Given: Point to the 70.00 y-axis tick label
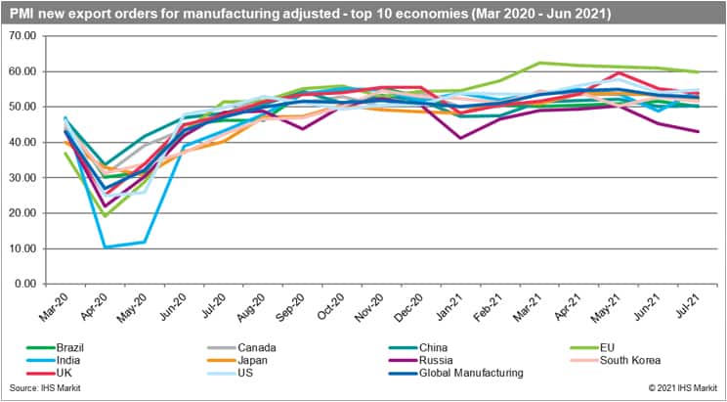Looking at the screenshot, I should pyautogui.click(x=21, y=35).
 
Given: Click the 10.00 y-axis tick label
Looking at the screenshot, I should pyautogui.click(x=21, y=248).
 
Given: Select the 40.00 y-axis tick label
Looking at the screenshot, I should pyautogui.click(x=21, y=142).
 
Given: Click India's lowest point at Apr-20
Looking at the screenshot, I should pyautogui.click(x=105, y=246).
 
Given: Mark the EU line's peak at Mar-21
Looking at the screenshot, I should pyautogui.click(x=540, y=63).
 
